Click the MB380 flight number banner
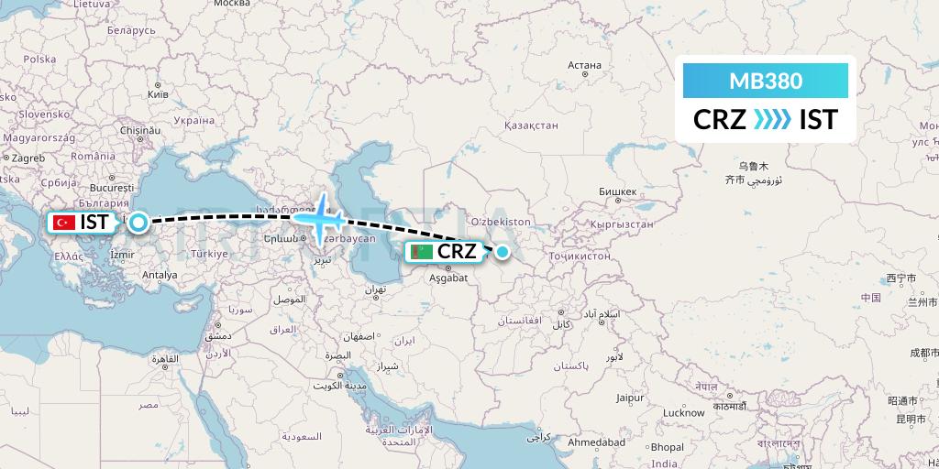point(766,81)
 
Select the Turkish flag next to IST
point(64,222)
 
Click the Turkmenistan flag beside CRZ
point(421,251)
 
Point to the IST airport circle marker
point(138,222)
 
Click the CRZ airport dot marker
point(503,251)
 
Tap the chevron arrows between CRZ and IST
point(771,120)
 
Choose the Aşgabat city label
point(448,276)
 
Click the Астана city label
point(584,65)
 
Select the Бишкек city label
point(617,191)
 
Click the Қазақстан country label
point(525,125)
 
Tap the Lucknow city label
point(683,412)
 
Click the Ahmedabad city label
point(596,442)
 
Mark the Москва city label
point(231,4)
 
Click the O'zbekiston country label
point(500,222)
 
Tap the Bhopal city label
point(668,447)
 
